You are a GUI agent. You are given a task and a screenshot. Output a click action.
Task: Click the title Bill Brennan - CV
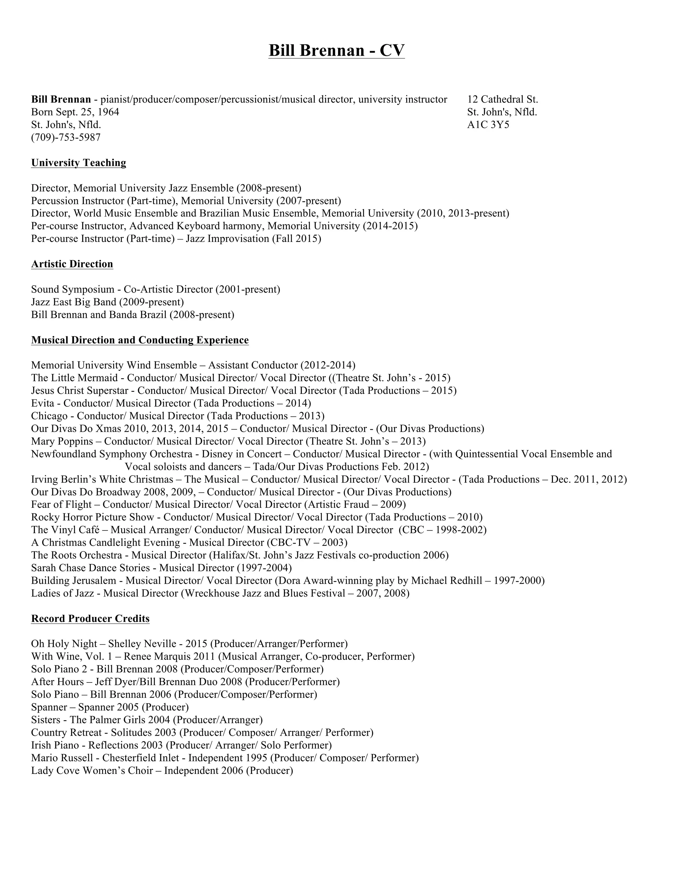[x=336, y=50]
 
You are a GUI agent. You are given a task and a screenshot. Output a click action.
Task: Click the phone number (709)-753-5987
[x=66, y=137]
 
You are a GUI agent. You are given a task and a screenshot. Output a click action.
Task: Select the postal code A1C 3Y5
[x=488, y=125]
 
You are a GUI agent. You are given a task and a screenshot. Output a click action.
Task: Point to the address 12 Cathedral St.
[x=502, y=99]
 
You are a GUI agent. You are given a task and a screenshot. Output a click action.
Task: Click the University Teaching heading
[x=79, y=163]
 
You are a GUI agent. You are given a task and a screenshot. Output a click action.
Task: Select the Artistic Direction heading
[x=72, y=264]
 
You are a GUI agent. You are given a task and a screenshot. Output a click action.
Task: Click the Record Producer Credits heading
[x=90, y=619]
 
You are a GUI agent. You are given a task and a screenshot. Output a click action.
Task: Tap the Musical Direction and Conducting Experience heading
[x=140, y=340]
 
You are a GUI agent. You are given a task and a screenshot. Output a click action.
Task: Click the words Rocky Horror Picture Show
[x=92, y=517]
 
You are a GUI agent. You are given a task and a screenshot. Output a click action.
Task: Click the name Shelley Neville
[x=142, y=644]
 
